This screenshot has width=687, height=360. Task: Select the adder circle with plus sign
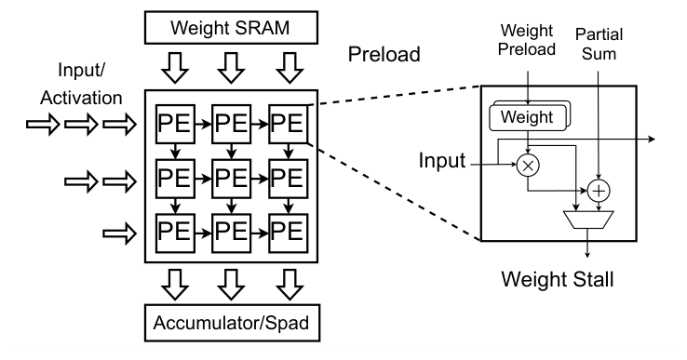[597, 191]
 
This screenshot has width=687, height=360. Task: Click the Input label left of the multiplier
[441, 161]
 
